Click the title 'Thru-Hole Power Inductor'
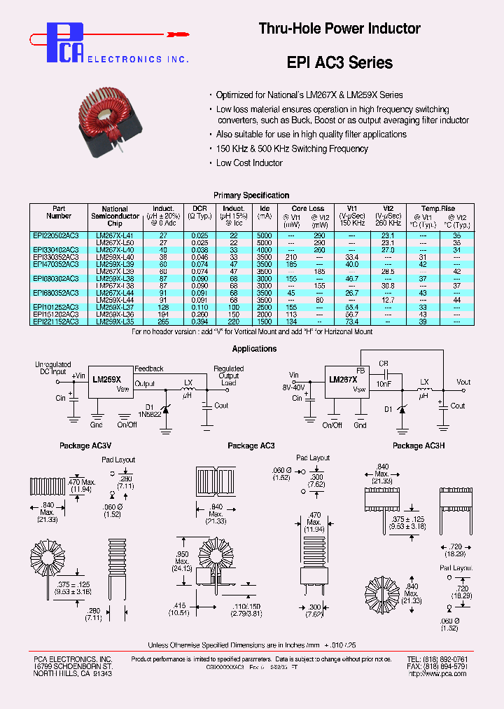point(339,29)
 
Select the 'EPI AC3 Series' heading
point(339,62)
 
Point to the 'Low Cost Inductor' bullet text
point(249,163)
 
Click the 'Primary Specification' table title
point(251,195)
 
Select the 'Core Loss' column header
point(307,209)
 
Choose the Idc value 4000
point(264,249)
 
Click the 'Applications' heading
point(254,349)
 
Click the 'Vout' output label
point(463,383)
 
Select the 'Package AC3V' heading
point(85,446)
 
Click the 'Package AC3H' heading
point(418,446)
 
